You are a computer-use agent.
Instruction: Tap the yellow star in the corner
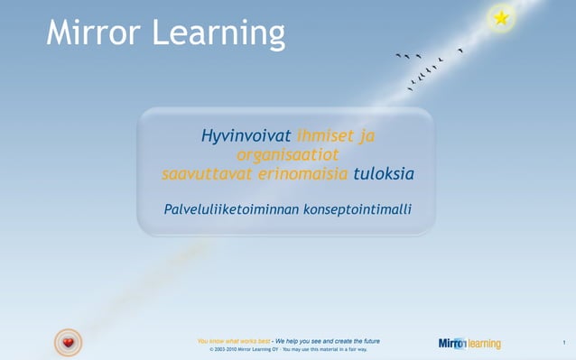[501, 17]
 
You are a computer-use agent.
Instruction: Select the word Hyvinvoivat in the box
[246, 136]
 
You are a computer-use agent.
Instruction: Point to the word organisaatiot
[286, 155]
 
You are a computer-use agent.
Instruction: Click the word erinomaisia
[302, 174]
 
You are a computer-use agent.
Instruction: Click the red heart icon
[68, 342]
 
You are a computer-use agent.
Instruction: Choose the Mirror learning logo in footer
[469, 343]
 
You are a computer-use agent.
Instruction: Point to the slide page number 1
[562, 342]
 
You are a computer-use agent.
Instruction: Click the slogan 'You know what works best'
[234, 340]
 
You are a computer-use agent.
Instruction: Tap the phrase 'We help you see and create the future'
[328, 340]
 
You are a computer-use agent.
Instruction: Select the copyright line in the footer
[288, 349]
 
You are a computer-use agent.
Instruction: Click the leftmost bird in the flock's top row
[398, 55]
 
